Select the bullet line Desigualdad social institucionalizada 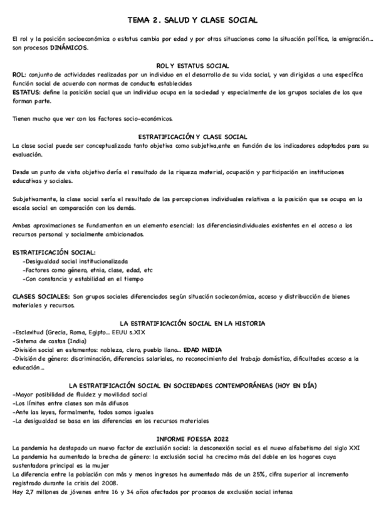[75, 260]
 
